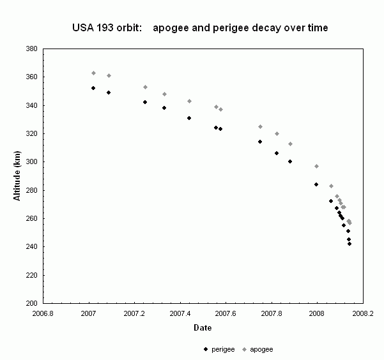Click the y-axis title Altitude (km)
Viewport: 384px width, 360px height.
[18, 176]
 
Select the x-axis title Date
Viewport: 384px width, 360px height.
[203, 327]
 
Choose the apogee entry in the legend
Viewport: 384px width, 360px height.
[258, 349]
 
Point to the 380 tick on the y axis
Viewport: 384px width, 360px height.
[31, 49]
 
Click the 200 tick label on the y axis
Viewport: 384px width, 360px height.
[31, 303]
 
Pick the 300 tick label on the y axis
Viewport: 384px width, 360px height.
[31, 162]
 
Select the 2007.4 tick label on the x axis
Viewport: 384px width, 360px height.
[180, 313]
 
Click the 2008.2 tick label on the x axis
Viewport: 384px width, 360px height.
[363, 313]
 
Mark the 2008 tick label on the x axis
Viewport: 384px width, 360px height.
[317, 313]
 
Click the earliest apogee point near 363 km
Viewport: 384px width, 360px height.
[93, 73]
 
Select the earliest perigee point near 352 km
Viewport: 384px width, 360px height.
[93, 88]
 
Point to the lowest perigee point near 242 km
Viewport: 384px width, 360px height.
[349, 244]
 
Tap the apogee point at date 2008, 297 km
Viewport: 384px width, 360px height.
[316, 166]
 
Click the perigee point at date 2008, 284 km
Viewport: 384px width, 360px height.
[316, 184]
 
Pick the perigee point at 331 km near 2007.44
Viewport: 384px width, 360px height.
[189, 118]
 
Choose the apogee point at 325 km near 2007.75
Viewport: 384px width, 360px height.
[260, 126]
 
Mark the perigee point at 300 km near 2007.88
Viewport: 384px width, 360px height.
[290, 161]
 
